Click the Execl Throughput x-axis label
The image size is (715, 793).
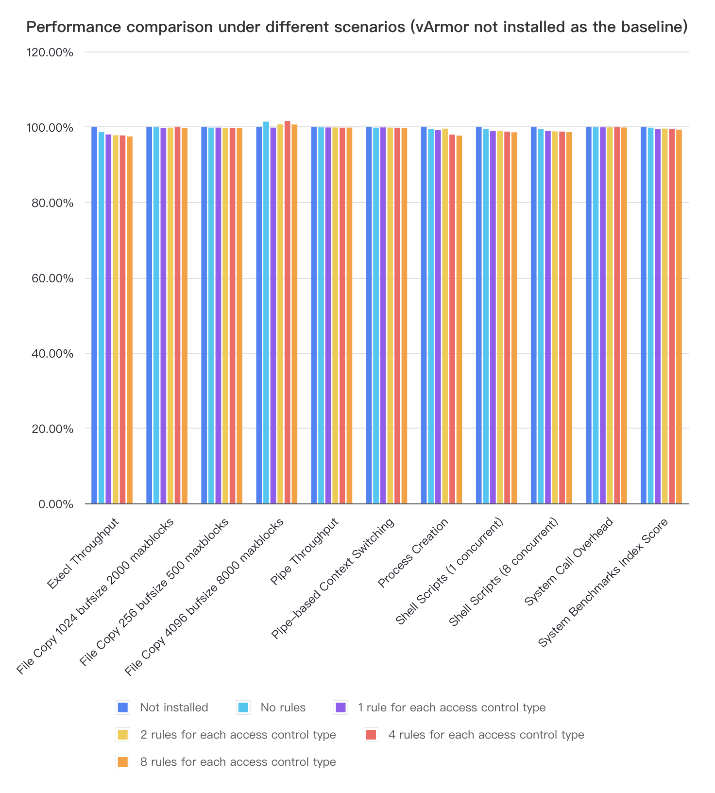click(x=84, y=554)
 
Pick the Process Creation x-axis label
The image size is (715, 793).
click(x=413, y=553)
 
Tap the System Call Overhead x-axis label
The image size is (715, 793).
click(x=569, y=562)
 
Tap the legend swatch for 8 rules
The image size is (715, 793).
click(x=122, y=762)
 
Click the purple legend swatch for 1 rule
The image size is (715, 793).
click(x=340, y=707)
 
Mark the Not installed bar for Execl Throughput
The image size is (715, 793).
click(x=94, y=316)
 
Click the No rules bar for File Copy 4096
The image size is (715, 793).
click(x=266, y=313)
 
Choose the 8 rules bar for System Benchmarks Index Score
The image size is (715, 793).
click(x=679, y=317)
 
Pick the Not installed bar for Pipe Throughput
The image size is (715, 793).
click(x=314, y=316)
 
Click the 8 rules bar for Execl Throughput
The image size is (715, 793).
click(x=130, y=320)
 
